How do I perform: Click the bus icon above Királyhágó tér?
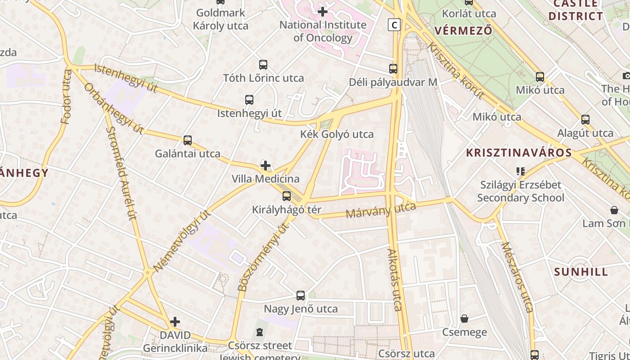[286, 196]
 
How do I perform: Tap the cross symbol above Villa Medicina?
[265, 166]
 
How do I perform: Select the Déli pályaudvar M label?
[393, 82]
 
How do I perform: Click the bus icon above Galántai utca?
[188, 140]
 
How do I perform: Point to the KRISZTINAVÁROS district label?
[519, 153]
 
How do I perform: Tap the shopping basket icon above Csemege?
[464, 319]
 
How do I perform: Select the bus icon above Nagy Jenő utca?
[301, 296]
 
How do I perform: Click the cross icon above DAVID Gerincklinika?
[175, 322]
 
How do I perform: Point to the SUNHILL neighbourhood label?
[581, 272]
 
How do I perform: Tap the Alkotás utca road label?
[394, 279]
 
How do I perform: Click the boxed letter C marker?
[394, 25]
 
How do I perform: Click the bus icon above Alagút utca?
[585, 120]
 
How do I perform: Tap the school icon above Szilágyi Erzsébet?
[521, 171]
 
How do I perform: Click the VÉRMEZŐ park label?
[463, 31]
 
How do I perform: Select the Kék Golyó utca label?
[337, 134]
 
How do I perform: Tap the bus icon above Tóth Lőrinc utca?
[263, 65]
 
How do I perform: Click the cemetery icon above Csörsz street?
[259, 332]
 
